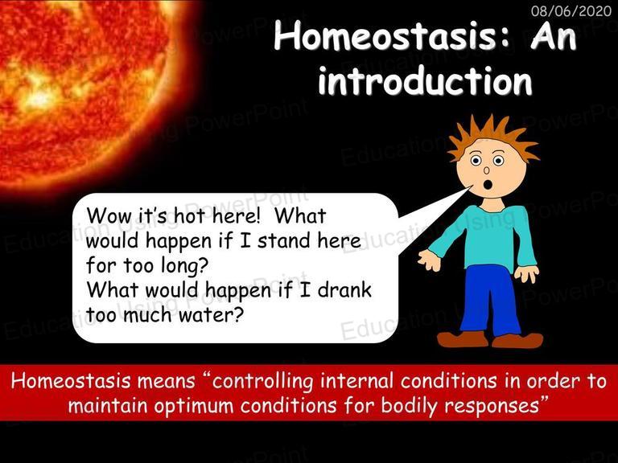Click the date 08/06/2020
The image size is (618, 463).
tap(571, 10)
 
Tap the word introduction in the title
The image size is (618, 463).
tap(426, 81)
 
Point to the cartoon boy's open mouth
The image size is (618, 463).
tap(488, 184)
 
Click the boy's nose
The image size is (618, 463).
tap(486, 170)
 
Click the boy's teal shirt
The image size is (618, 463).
tap(488, 239)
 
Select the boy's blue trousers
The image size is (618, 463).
tap(488, 300)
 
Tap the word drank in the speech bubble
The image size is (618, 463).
tap(344, 290)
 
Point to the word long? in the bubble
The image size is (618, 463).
tap(184, 266)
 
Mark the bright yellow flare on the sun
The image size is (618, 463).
tap(39, 96)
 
